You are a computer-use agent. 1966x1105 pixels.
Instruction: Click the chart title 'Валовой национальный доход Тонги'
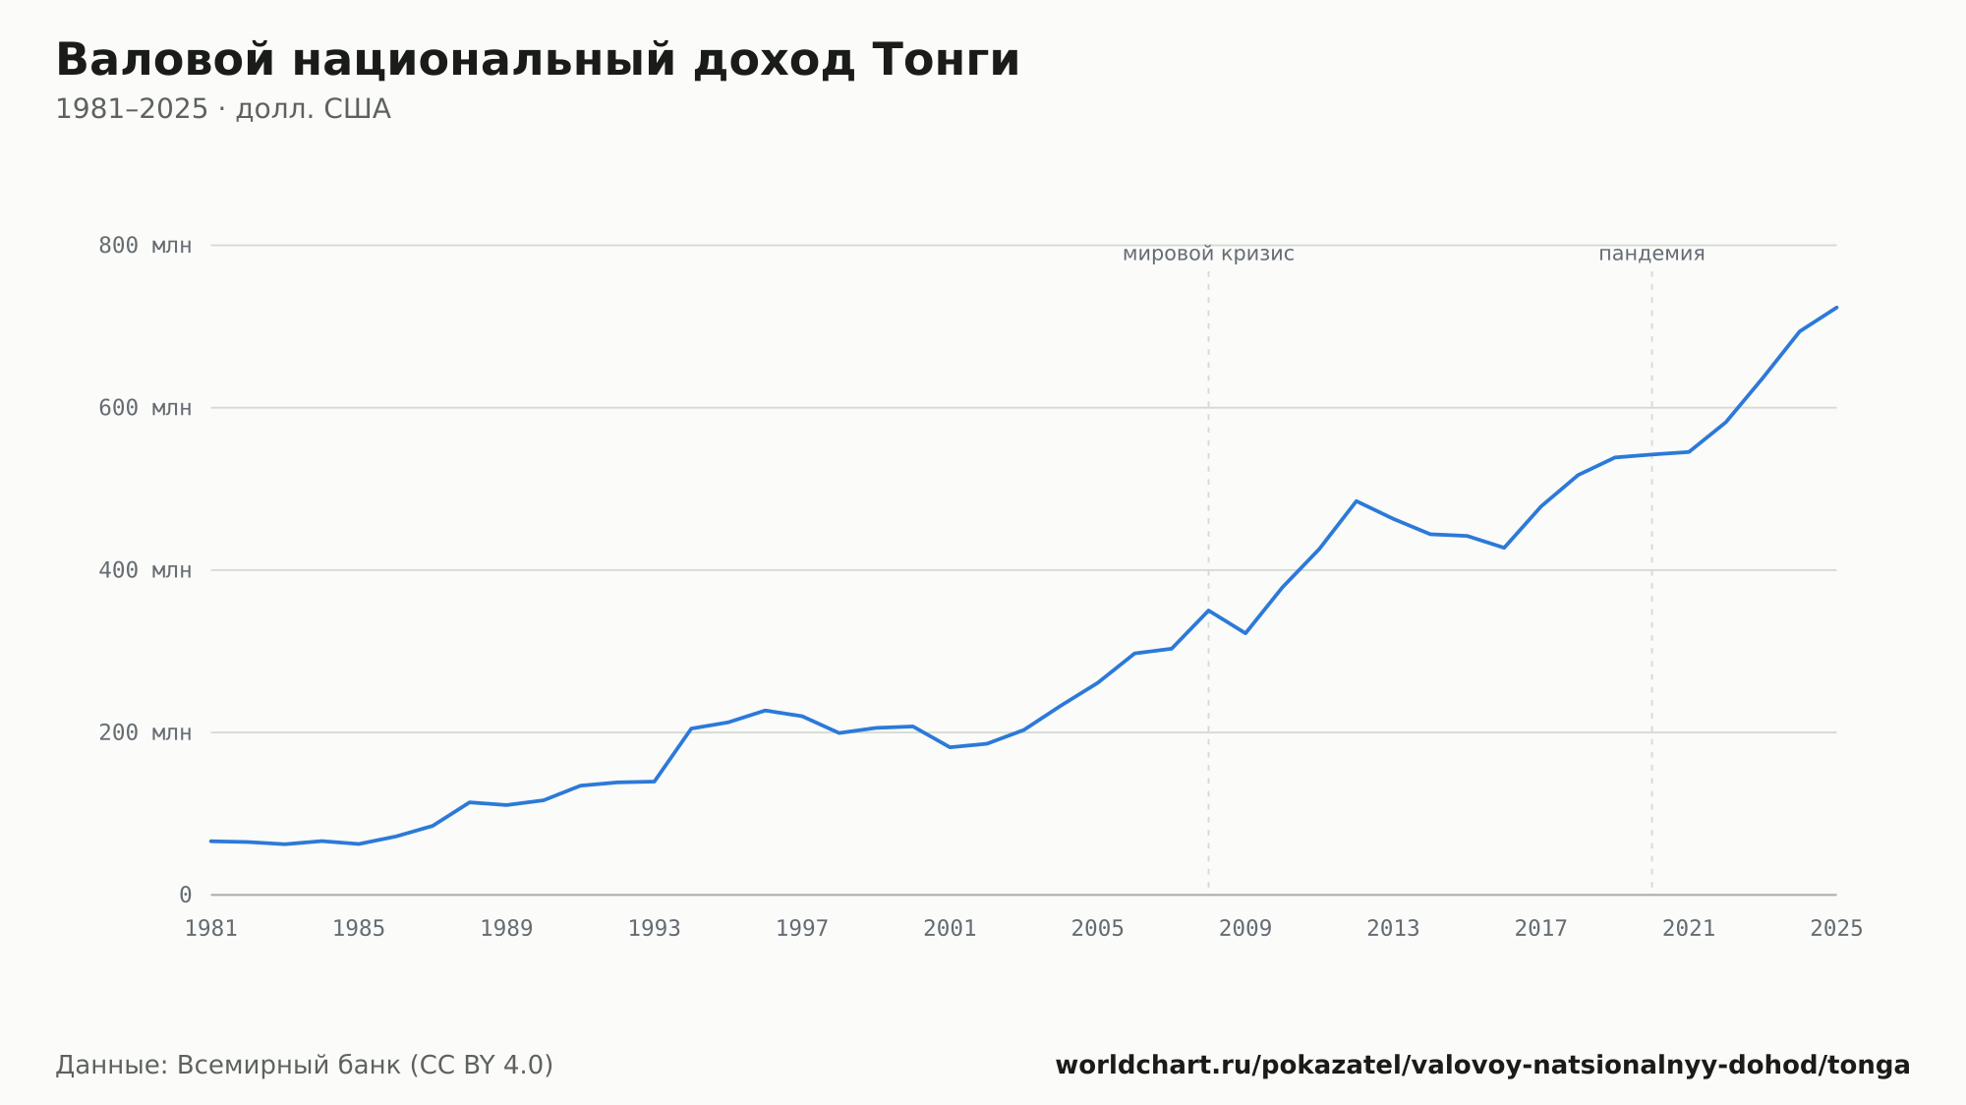[x=538, y=60]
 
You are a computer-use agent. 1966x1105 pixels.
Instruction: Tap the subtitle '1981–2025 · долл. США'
[x=223, y=109]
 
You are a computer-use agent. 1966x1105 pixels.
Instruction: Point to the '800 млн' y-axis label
[x=145, y=246]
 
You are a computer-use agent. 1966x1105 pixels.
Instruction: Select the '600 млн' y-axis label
[x=145, y=408]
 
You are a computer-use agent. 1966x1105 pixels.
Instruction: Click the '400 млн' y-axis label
[x=145, y=570]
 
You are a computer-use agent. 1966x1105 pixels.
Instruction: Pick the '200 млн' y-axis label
[x=145, y=732]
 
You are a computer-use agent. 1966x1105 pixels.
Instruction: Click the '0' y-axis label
[x=186, y=895]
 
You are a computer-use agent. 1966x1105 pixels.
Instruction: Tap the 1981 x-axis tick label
[x=211, y=929]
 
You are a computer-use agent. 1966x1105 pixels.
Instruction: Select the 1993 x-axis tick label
[x=655, y=929]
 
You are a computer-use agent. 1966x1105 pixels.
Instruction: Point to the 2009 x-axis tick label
[x=1245, y=929]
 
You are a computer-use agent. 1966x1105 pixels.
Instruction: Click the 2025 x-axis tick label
[x=1836, y=929]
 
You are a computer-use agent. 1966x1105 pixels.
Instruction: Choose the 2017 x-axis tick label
[x=1541, y=929]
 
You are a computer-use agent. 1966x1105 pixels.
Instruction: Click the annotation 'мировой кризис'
[x=1208, y=254]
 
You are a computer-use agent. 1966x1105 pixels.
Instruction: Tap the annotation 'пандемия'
[x=1651, y=254]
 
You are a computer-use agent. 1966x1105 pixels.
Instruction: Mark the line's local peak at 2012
[x=1357, y=501]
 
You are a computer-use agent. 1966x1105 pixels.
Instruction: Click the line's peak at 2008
[x=1209, y=611]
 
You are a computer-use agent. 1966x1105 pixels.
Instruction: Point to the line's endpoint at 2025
[x=1836, y=308]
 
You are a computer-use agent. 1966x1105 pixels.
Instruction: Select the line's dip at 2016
[x=1504, y=548]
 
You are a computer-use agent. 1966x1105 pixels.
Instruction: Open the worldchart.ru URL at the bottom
[x=1482, y=1066]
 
